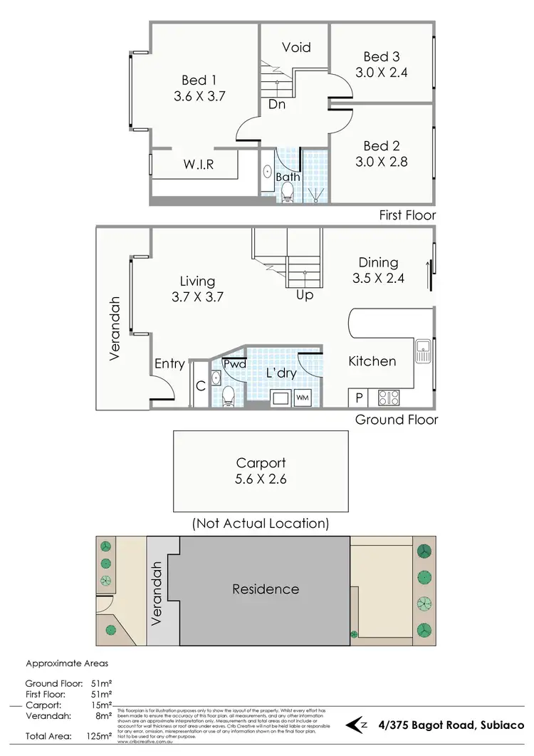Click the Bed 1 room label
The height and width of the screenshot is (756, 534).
click(199, 80)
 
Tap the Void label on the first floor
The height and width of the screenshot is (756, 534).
click(296, 48)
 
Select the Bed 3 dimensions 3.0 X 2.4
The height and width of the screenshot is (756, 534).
click(381, 73)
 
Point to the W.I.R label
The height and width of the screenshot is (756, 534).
click(199, 165)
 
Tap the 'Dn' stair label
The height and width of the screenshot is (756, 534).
click(278, 105)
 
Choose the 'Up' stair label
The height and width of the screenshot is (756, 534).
click(304, 294)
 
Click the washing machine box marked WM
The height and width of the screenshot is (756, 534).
click(302, 397)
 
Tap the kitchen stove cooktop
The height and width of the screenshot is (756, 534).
click(389, 398)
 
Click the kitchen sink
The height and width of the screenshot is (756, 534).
click(424, 351)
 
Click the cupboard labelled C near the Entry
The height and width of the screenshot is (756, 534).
click(201, 386)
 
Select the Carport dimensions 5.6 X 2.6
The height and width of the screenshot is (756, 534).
click(261, 480)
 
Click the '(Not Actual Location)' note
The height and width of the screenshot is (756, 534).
click(261, 524)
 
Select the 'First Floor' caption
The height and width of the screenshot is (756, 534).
click(407, 214)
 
